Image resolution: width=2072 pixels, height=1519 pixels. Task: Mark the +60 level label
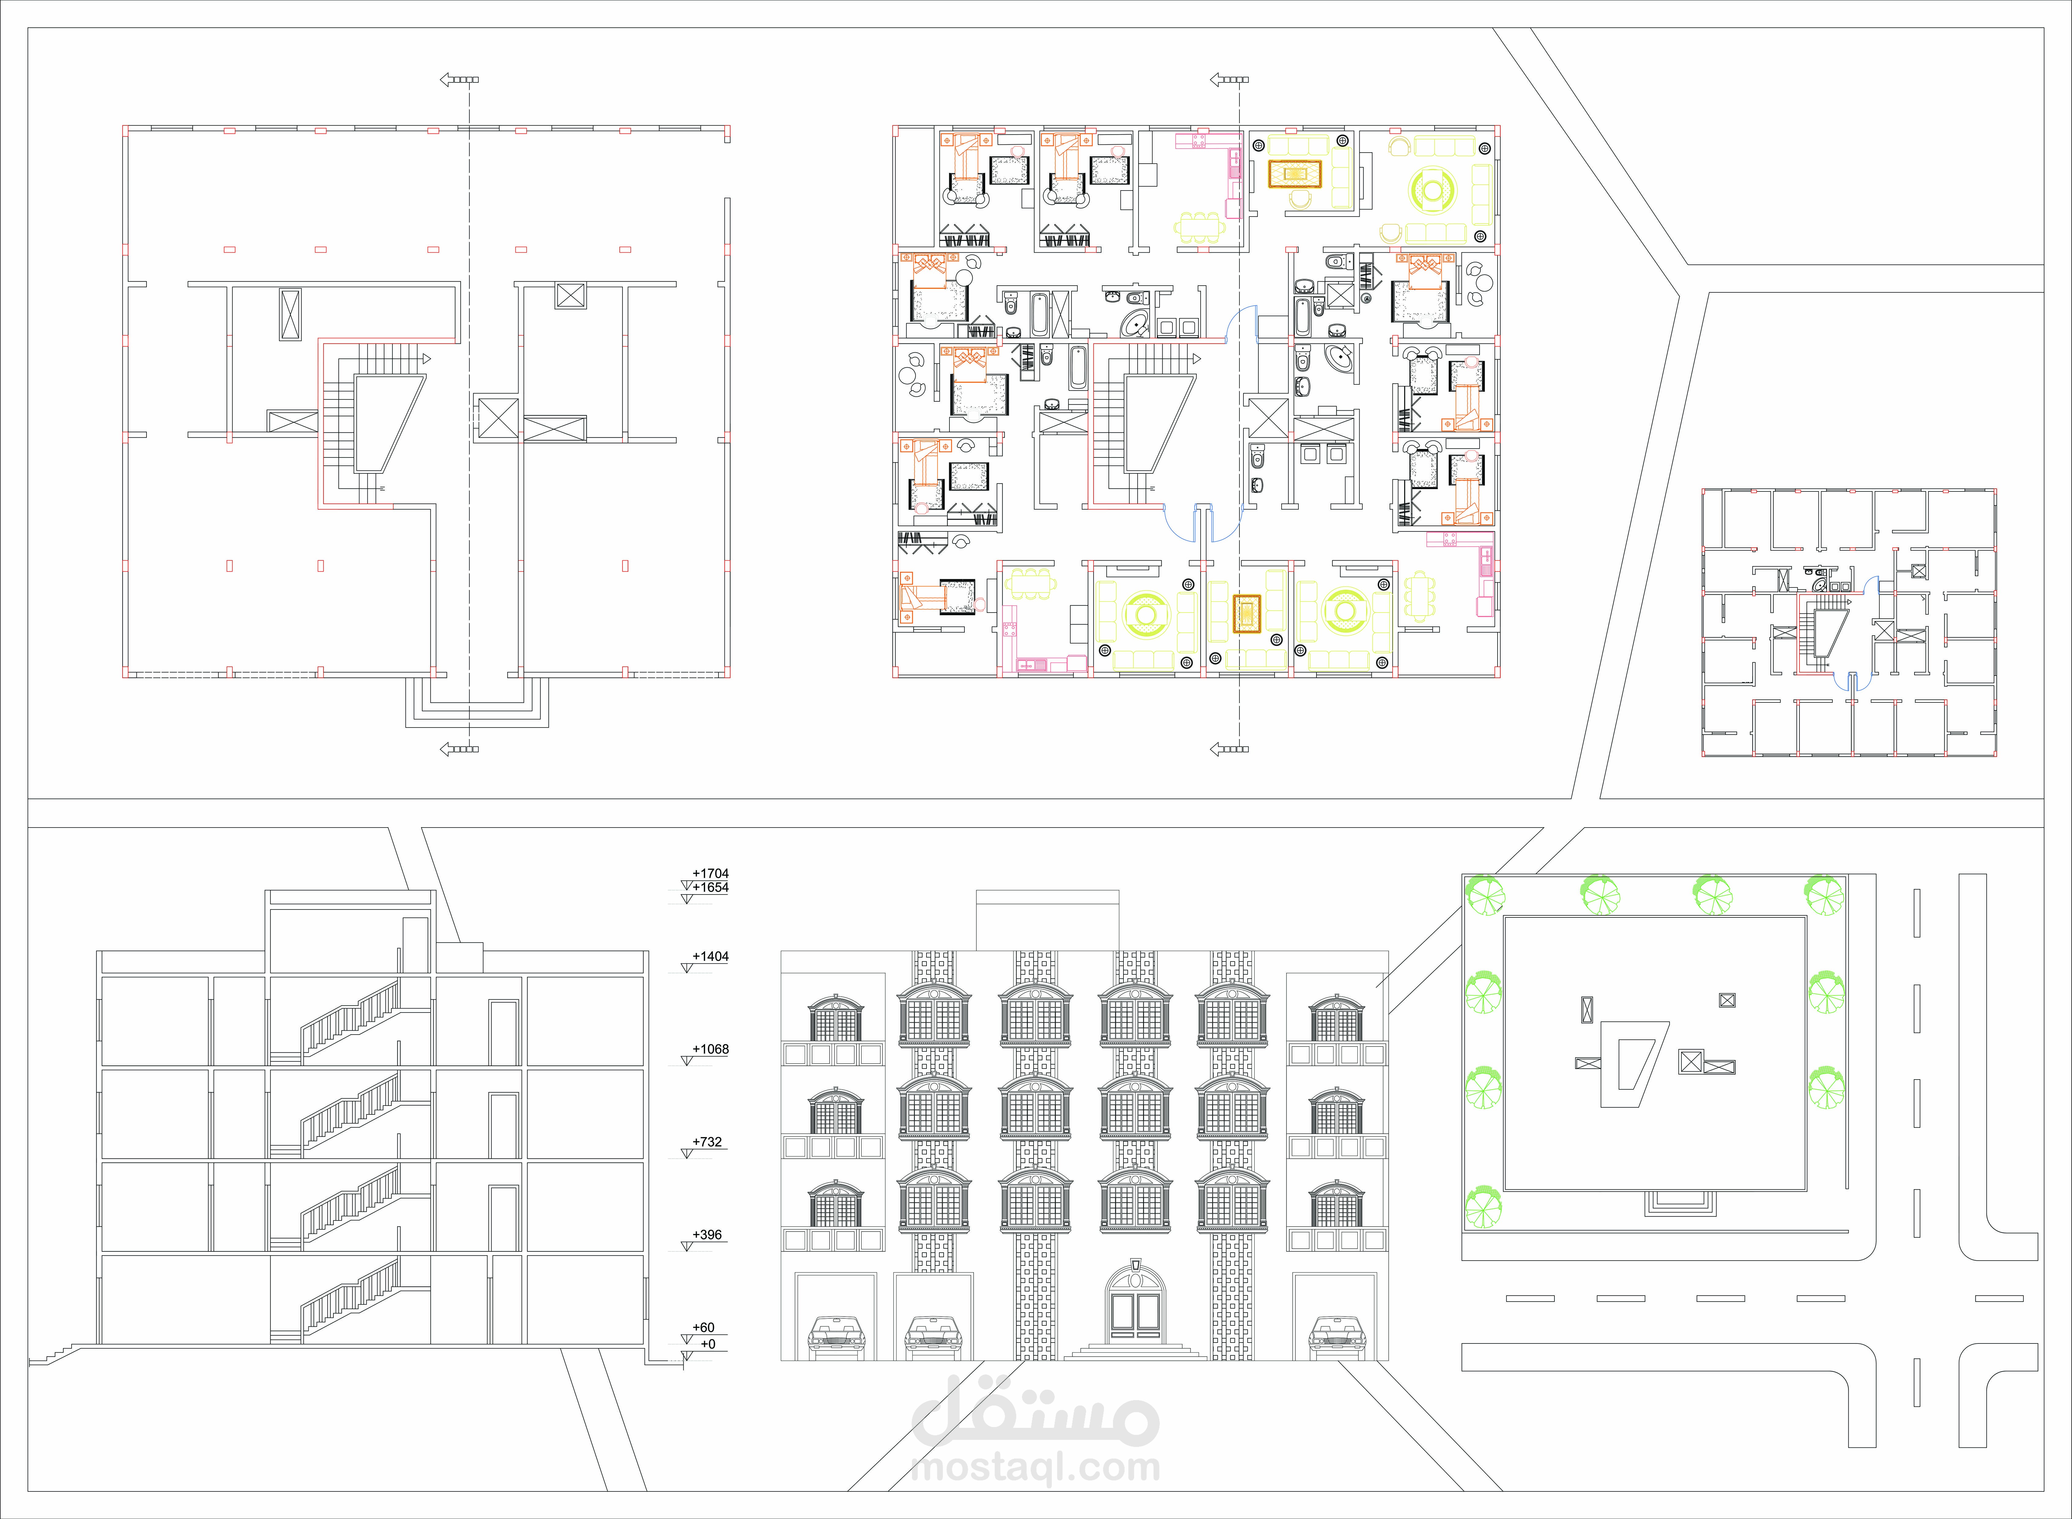click(704, 1328)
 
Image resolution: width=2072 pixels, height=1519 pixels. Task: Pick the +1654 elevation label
click(711, 887)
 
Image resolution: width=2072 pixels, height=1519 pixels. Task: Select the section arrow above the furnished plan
click(1229, 80)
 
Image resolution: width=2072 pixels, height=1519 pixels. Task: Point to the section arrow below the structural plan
click(459, 749)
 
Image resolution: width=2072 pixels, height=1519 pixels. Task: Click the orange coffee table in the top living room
click(1295, 174)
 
